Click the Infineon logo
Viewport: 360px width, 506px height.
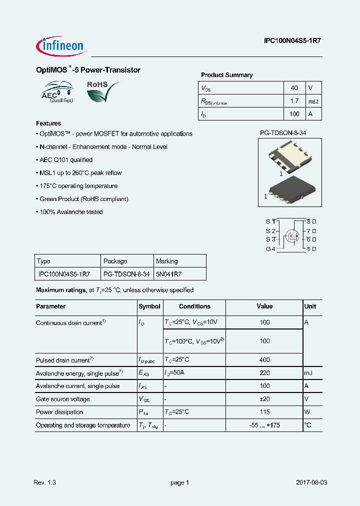click(61, 45)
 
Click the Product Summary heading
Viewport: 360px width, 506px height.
click(226, 75)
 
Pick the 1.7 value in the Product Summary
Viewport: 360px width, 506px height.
click(294, 101)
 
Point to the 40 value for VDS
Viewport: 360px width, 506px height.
click(294, 88)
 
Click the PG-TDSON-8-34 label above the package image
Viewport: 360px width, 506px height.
click(283, 133)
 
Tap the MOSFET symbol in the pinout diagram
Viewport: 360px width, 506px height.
click(291, 235)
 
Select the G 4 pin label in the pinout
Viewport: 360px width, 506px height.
click(270, 248)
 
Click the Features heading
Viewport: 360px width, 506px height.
click(48, 123)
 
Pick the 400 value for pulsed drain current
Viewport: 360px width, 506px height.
click(264, 360)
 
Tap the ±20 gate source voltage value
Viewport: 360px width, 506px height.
click(264, 399)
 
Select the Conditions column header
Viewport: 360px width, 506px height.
click(194, 306)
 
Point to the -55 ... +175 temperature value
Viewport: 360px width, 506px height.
click(264, 425)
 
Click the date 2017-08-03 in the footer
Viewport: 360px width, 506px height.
click(311, 482)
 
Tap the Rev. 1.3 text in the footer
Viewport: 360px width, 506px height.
click(45, 482)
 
